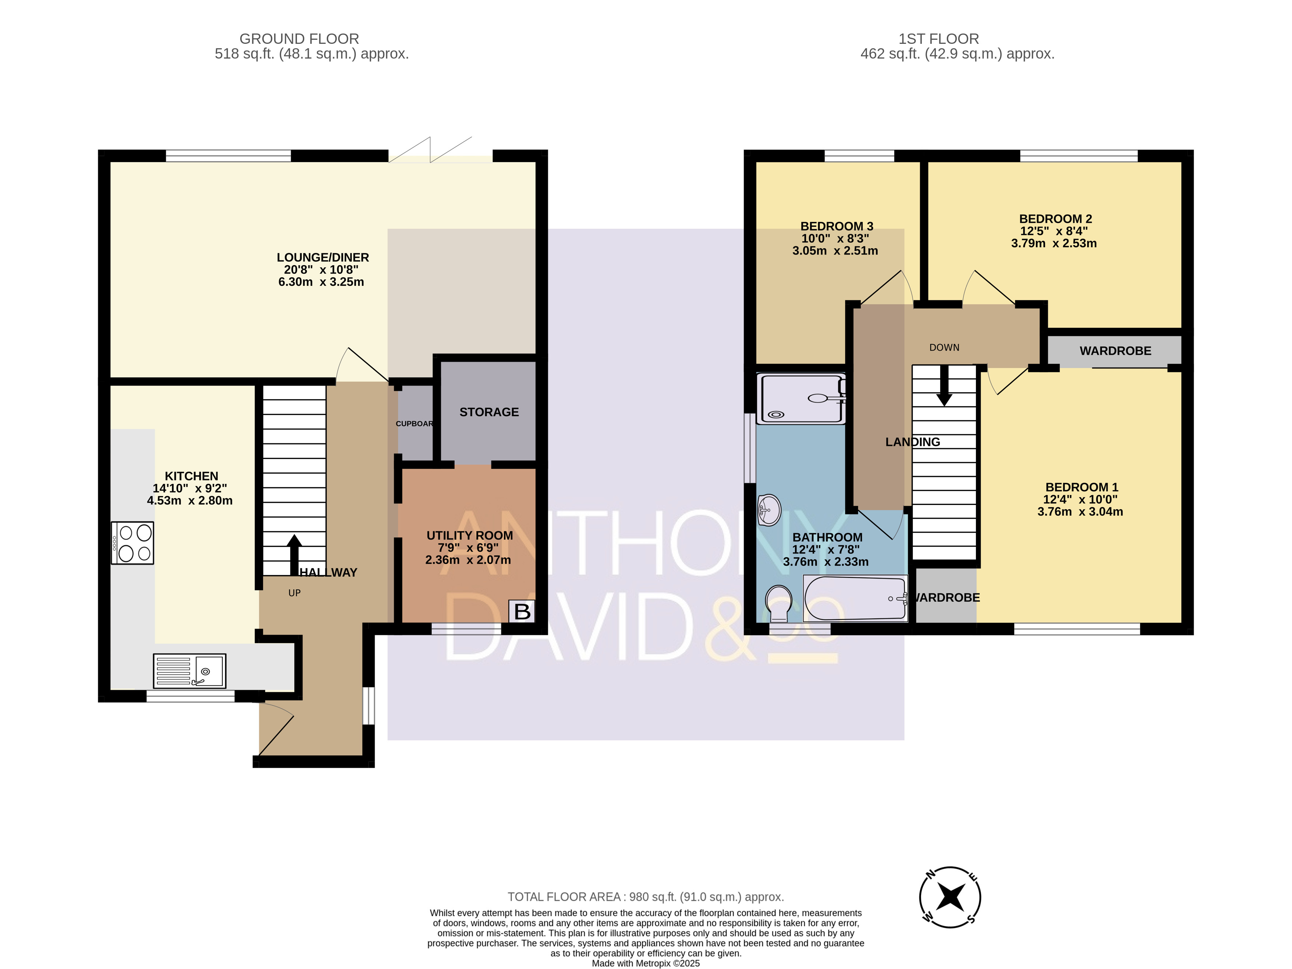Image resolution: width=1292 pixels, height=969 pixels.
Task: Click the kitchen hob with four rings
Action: (x=133, y=543)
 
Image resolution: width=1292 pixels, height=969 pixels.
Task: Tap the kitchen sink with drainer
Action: (x=189, y=671)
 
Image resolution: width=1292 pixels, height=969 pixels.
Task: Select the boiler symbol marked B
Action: (x=522, y=611)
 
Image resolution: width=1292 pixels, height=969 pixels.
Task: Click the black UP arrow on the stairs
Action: (x=294, y=555)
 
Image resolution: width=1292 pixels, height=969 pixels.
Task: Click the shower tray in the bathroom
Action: (x=801, y=399)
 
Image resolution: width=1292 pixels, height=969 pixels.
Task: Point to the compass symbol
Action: (x=950, y=896)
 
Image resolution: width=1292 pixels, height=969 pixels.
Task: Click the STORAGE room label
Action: (x=489, y=412)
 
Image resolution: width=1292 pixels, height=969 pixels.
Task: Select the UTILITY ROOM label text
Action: (x=470, y=536)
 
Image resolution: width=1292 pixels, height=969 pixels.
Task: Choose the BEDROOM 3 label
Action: (x=836, y=226)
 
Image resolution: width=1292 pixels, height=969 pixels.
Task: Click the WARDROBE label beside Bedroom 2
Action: (x=1115, y=351)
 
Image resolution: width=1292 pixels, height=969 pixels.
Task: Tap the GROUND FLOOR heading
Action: (x=299, y=39)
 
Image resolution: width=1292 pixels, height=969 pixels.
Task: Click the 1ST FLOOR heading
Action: (x=939, y=39)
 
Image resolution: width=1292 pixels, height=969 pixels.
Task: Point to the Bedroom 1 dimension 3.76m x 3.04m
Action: (x=1080, y=512)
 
